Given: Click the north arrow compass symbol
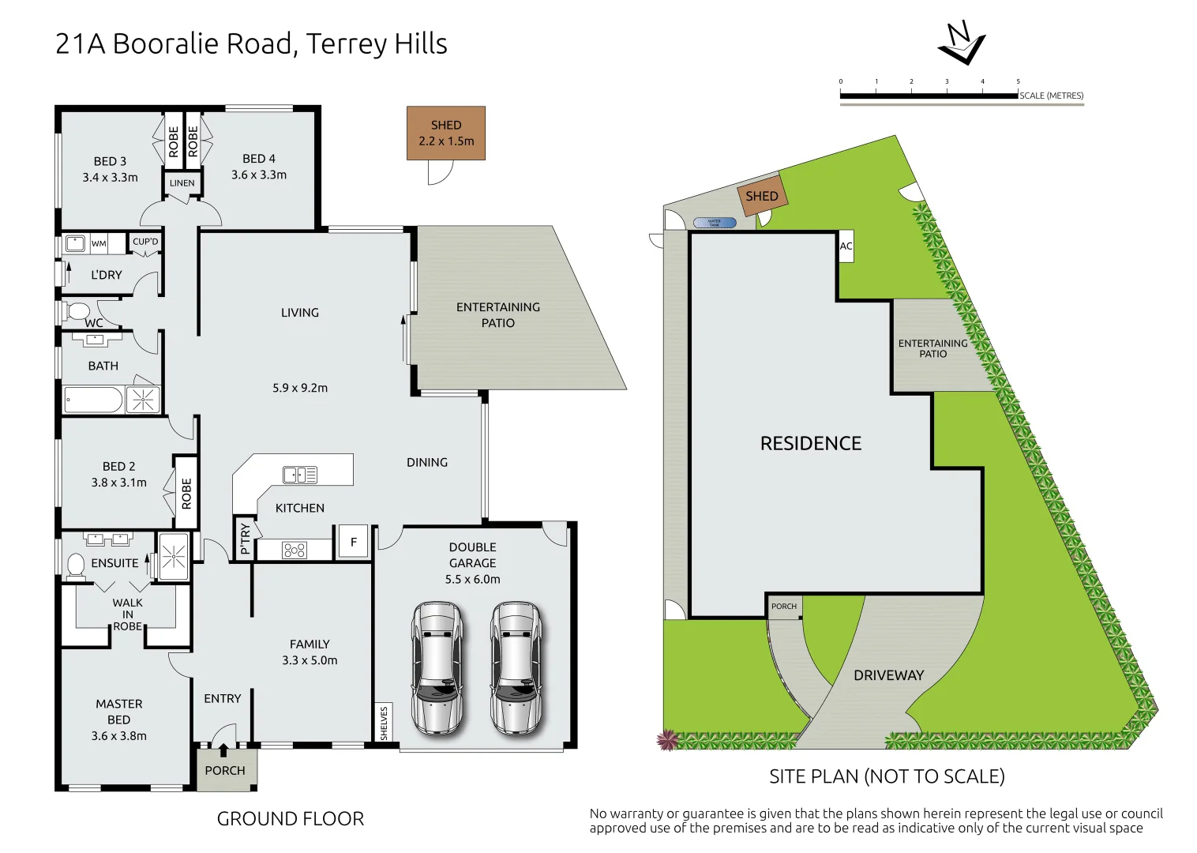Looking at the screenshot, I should coord(961,44).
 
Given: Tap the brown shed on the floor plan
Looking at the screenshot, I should coord(446,133).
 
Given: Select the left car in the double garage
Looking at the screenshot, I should coord(437,668).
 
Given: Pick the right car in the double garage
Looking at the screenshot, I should coord(516,668).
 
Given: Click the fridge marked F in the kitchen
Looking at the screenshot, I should coord(354,542).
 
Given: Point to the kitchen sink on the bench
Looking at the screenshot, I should coord(300,475).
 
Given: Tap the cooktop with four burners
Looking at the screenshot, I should coord(295,551).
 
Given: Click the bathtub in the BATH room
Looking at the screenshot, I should coord(93,400).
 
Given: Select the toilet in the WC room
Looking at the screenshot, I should coord(77,310).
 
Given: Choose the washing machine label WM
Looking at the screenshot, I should coord(99,243).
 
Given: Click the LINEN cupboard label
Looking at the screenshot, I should coord(182,183).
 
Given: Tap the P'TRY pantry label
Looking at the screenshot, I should coord(245,539).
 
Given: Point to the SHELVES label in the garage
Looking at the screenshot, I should coord(385,723).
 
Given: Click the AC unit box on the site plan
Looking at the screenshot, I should coord(846,246).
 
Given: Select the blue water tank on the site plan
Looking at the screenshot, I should coord(715,223).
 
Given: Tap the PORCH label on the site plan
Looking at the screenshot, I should coord(784,607).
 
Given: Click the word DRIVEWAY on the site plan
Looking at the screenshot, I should coord(888,675).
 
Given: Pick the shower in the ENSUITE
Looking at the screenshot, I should coord(174,557).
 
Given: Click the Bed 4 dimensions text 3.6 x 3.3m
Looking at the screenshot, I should coord(259,175).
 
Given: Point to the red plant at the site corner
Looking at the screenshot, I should coord(668,740).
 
